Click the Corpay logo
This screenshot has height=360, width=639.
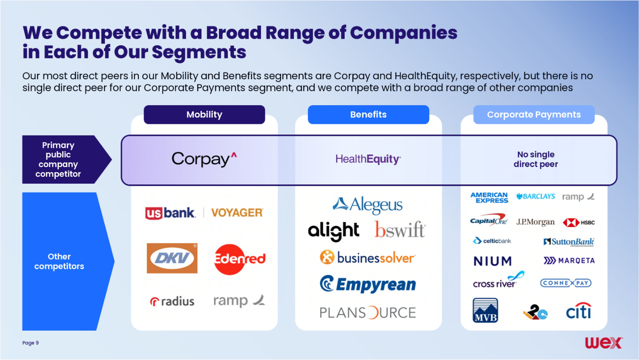pyautogui.click(x=204, y=159)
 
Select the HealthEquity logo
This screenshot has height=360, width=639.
pyautogui.click(x=368, y=159)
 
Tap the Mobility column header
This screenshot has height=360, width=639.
pyautogui.click(x=204, y=114)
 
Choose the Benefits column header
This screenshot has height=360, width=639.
pyautogui.click(x=368, y=114)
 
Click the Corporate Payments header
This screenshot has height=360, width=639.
pyautogui.click(x=534, y=114)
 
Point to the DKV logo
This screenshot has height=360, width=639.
pyautogui.click(x=172, y=258)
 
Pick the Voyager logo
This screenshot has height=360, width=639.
pyautogui.click(x=237, y=213)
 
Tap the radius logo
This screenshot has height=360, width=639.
pyautogui.click(x=172, y=301)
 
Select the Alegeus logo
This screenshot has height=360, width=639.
pyautogui.click(x=368, y=205)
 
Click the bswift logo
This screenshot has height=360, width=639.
pyautogui.click(x=400, y=230)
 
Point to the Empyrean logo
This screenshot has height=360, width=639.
pyautogui.click(x=368, y=284)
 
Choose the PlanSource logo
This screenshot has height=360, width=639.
pyautogui.click(x=368, y=313)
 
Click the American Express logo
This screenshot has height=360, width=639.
pyautogui.click(x=489, y=197)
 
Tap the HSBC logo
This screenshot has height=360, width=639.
pyautogui.click(x=579, y=222)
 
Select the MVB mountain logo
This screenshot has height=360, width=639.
pyautogui.click(x=485, y=310)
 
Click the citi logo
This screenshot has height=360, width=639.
pyautogui.click(x=579, y=311)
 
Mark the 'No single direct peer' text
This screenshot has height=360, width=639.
pyautogui.click(x=536, y=159)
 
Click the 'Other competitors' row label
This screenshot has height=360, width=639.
pyautogui.click(x=59, y=261)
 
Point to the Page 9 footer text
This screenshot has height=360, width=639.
pyautogui.click(x=31, y=343)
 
